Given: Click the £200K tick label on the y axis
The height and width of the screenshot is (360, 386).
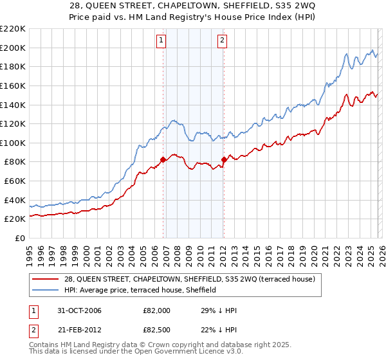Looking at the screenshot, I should (13, 48).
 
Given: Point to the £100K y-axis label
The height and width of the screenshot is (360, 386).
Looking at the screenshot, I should (13, 143).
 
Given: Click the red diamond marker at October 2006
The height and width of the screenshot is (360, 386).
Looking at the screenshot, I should (163, 160).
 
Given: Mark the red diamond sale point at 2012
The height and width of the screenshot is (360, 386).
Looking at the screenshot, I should (224, 159).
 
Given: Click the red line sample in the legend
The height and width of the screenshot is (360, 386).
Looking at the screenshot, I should (46, 279).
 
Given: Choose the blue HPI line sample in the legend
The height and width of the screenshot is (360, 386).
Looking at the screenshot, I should (46, 290).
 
